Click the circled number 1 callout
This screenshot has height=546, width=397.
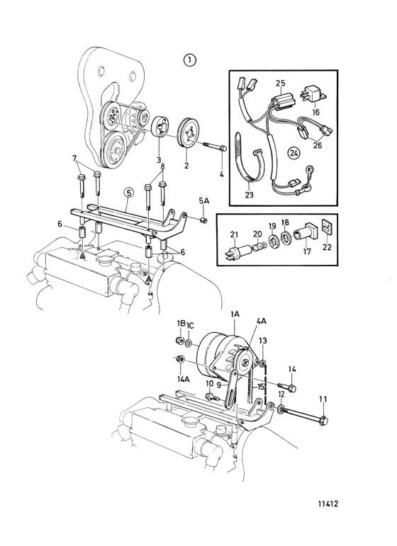pos(189,60)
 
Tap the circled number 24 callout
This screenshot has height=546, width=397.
pos(294,153)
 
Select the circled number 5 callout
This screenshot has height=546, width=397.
pos(128,193)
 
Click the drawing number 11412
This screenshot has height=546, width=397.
pos(328,504)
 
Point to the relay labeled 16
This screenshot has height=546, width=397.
pos(313,95)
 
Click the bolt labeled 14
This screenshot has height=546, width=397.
pos(288,387)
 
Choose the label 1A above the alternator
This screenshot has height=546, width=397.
pos(235,314)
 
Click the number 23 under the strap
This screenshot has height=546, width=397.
pos(249,195)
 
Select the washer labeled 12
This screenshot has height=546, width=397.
pos(280,409)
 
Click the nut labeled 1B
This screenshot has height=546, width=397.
pos(180,340)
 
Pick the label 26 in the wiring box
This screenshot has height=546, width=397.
pos(318,145)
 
